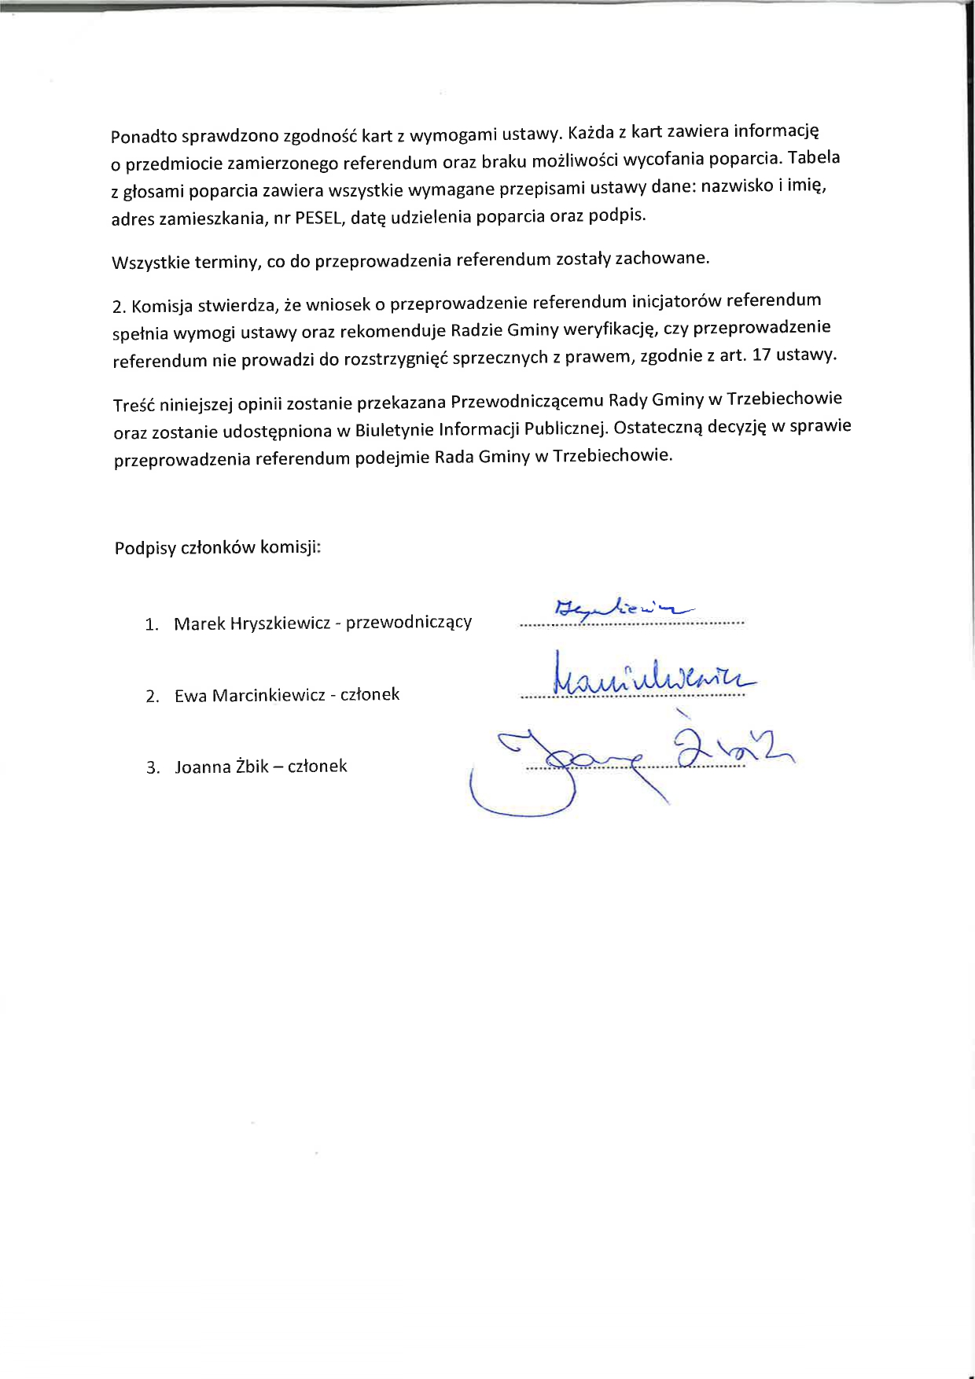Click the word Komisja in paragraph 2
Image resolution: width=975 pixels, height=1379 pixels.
(163, 306)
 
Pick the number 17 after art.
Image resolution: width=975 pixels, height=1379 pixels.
(761, 355)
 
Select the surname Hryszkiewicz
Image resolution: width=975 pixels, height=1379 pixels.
(281, 623)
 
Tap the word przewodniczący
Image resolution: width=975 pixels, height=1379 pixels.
(409, 623)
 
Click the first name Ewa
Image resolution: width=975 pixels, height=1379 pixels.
(191, 696)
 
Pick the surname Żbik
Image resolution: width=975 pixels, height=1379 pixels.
(252, 767)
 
